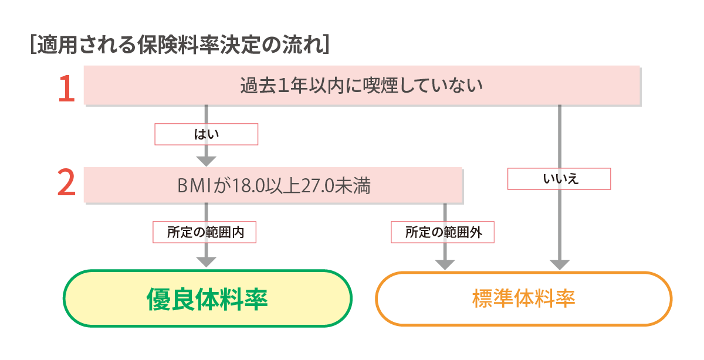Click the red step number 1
(x=67, y=88)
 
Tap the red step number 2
(x=66, y=184)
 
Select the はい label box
(x=206, y=134)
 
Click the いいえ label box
(x=559, y=179)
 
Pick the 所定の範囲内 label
(x=205, y=232)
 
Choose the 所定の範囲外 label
(x=443, y=232)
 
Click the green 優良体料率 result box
(x=207, y=298)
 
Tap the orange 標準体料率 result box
(x=523, y=298)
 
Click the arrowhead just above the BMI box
(x=206, y=160)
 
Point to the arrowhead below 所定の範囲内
(x=206, y=261)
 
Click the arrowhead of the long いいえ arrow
(x=559, y=263)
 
